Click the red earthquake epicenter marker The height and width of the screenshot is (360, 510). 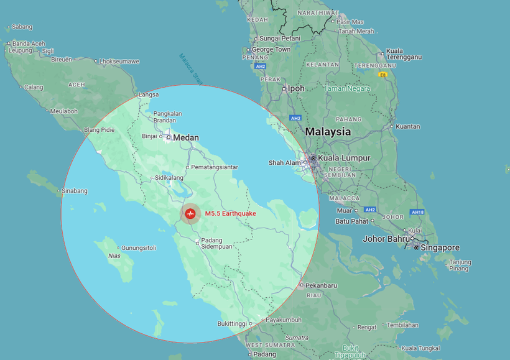pyautogui.click(x=190, y=213)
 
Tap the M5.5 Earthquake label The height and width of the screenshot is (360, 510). pyautogui.click(x=230, y=213)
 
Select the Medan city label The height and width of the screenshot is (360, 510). pyautogui.click(x=185, y=137)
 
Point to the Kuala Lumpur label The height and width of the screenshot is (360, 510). pyautogui.click(x=344, y=158)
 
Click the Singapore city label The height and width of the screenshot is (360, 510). pyautogui.click(x=441, y=247)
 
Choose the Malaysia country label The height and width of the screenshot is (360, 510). pyautogui.click(x=328, y=132)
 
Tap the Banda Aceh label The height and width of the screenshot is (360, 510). pyautogui.click(x=29, y=44)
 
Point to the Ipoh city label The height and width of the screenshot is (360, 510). pyautogui.click(x=296, y=88)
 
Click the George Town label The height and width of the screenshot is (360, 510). pyautogui.click(x=271, y=49)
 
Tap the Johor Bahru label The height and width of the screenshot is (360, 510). pyautogui.click(x=386, y=238)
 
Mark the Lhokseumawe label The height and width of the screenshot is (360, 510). pyautogui.click(x=119, y=62)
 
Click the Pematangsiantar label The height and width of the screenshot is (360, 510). pyautogui.click(x=214, y=167)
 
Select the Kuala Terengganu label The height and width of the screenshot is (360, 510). pyautogui.click(x=404, y=54)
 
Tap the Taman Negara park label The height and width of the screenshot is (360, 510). pyautogui.click(x=346, y=88)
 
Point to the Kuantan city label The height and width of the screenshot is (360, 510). pyautogui.click(x=407, y=126)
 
